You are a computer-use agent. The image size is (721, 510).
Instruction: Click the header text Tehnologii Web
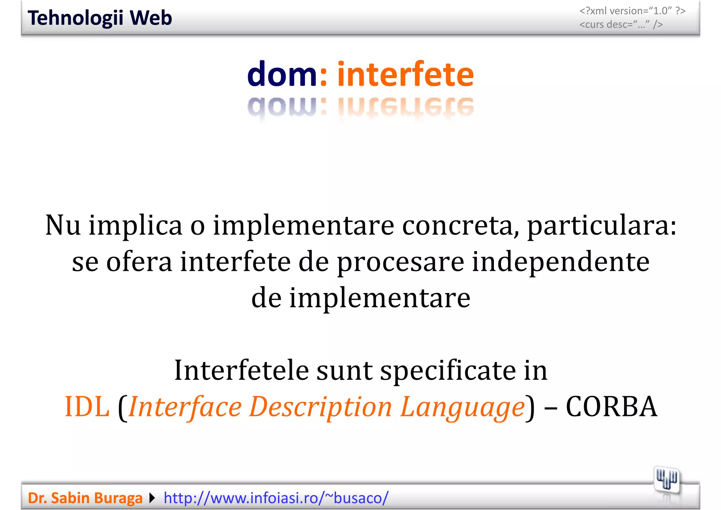(100, 18)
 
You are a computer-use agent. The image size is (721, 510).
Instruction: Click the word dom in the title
(282, 74)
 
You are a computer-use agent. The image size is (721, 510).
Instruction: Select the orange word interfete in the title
(405, 74)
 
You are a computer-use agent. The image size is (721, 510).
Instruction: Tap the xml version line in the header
(632, 11)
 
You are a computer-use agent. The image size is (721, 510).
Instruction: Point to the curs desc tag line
(621, 25)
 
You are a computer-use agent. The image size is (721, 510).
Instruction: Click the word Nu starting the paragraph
(63, 225)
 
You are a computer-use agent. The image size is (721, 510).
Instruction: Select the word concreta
(460, 226)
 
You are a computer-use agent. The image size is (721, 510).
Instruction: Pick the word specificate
(447, 371)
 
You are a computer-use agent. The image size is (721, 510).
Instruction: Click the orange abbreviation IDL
(87, 407)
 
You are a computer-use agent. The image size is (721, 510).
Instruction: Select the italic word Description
(320, 407)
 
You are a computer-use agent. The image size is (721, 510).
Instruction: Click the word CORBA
(611, 407)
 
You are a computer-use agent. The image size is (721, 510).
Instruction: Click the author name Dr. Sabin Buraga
(85, 498)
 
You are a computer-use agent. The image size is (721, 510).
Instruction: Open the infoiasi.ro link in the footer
(276, 498)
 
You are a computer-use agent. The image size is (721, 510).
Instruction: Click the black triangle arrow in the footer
(152, 498)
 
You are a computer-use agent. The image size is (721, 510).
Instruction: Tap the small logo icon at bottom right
(666, 480)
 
